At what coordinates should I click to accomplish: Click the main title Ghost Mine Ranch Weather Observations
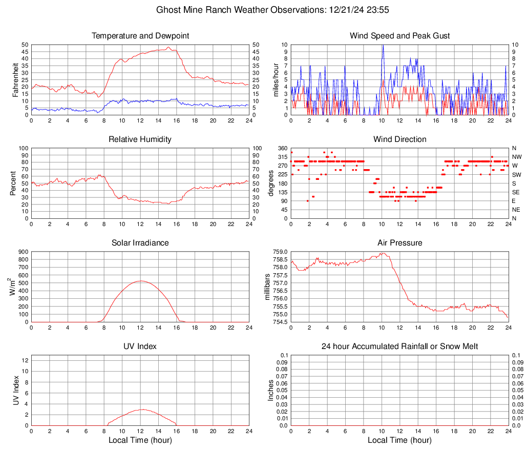click(263, 10)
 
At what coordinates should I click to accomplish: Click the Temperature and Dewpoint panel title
click(140, 36)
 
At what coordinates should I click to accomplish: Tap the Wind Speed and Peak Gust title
click(400, 36)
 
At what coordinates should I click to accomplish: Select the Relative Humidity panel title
click(140, 139)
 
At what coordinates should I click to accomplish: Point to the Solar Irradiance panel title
click(140, 242)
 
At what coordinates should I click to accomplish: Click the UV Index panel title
click(140, 346)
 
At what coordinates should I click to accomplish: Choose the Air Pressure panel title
click(400, 242)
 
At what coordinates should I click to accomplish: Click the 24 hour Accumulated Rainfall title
click(400, 346)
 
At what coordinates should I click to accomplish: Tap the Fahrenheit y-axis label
click(15, 80)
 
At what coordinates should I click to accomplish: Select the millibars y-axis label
click(267, 287)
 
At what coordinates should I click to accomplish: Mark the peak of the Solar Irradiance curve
click(140, 281)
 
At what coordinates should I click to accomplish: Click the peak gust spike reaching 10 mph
click(382, 46)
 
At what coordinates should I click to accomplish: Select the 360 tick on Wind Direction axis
click(282, 148)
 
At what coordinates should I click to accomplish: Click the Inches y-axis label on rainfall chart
click(271, 391)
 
